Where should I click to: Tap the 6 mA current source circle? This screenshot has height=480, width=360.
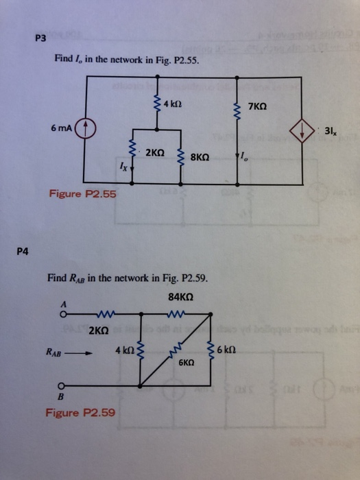pyautogui.click(x=84, y=128)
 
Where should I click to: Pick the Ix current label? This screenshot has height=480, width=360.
pyautogui.click(x=122, y=165)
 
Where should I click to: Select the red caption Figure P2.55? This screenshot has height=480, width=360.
pyautogui.click(x=82, y=194)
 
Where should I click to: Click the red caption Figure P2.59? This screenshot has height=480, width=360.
pyautogui.click(x=80, y=413)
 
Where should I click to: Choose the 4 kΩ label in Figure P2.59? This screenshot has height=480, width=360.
pyautogui.click(x=124, y=350)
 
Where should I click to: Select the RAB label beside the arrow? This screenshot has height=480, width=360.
pyautogui.click(x=56, y=354)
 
